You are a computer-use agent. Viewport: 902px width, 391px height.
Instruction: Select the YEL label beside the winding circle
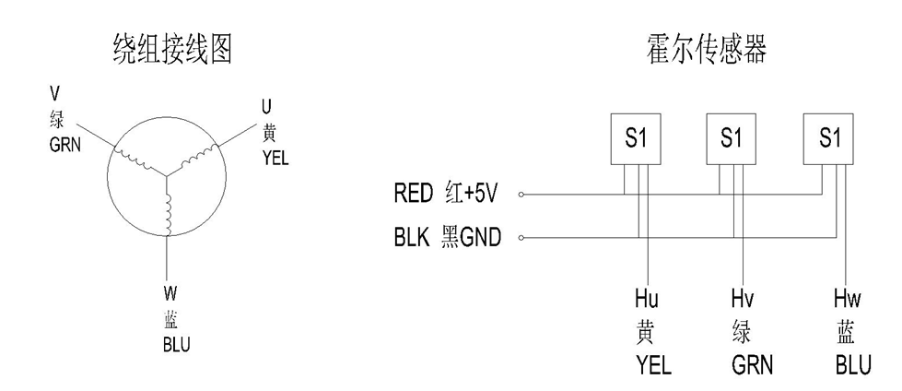click(x=275, y=157)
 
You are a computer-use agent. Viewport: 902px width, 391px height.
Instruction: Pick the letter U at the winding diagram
click(x=267, y=108)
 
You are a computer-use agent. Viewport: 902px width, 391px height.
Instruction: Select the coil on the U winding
click(x=198, y=159)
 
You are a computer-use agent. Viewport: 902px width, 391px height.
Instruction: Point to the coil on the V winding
click(x=135, y=157)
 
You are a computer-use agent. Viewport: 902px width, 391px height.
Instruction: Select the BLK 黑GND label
click(x=446, y=238)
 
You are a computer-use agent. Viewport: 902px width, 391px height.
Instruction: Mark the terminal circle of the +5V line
click(x=521, y=195)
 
